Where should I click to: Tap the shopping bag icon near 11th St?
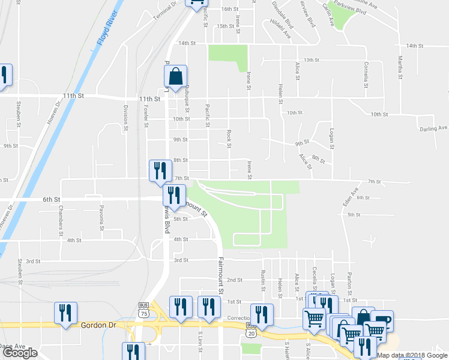(175, 77)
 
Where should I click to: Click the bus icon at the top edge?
(196, 3)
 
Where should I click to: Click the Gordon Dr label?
(97, 325)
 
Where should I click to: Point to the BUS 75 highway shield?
(143, 311)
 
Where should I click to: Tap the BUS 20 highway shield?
(250, 329)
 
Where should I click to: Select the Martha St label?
(400, 67)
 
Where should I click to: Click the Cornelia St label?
(365, 74)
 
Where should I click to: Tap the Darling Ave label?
(433, 128)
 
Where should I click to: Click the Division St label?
(126, 116)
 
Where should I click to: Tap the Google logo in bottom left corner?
(20, 353)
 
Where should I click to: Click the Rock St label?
(229, 136)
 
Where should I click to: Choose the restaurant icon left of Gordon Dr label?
(65, 313)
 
